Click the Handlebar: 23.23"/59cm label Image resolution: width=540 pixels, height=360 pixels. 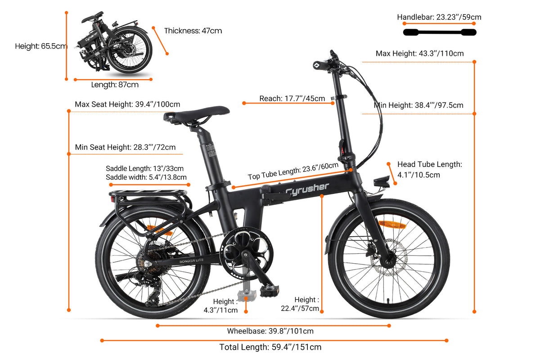(439, 17)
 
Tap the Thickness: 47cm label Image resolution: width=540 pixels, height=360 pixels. (193, 31)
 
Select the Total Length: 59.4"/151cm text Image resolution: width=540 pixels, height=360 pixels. (270, 347)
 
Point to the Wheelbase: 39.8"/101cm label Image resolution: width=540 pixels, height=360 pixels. (270, 331)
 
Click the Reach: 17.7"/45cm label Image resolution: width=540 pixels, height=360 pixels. (292, 99)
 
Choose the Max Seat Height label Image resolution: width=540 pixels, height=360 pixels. (127, 104)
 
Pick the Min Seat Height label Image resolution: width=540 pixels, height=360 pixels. (125, 147)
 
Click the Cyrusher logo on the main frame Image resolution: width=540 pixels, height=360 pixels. (307, 189)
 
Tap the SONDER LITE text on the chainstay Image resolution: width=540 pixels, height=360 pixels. (191, 261)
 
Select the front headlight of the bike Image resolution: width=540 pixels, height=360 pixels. (382, 182)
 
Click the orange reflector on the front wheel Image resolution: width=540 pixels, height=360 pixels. (392, 225)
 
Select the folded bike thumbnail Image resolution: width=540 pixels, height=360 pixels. (113, 42)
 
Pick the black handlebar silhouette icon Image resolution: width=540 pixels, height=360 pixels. (440, 32)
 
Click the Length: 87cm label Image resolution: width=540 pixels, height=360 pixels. (115, 85)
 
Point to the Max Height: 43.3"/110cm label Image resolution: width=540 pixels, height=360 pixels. (419, 53)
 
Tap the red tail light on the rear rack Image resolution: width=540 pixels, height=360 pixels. (112, 199)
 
